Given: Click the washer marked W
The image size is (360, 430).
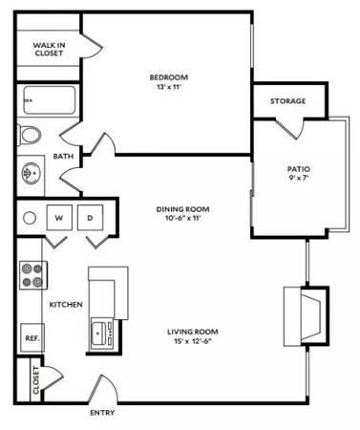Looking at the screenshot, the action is (59, 218).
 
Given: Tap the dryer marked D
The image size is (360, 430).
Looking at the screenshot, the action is (90, 218).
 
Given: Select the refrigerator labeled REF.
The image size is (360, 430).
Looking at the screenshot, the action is (32, 337).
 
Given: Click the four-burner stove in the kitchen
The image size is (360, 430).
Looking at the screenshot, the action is (33, 275).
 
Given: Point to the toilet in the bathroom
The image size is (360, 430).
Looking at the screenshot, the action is (30, 136).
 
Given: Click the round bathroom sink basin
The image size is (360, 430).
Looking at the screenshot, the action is (31, 173).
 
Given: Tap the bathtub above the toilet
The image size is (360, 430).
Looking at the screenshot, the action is (50, 100).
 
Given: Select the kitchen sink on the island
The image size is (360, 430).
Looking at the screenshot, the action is (102, 333).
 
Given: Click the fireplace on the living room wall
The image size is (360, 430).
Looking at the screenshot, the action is (306, 316).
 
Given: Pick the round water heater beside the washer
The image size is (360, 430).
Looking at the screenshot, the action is (30, 218).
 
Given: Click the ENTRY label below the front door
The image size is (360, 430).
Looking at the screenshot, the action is (102, 413).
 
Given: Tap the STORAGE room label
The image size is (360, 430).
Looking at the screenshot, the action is (288, 101).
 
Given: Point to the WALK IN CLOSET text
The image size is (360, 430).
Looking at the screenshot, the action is (49, 49).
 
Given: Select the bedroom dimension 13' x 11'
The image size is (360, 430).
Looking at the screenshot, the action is (169, 86).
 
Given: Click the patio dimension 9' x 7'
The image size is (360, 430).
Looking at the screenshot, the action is (298, 178).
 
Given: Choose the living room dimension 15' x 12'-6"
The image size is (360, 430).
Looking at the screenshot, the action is (193, 341).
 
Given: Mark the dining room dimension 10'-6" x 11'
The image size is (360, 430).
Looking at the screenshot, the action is (182, 218).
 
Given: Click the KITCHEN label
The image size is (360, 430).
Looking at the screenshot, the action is (66, 305).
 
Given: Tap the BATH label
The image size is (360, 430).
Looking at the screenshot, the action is (63, 156).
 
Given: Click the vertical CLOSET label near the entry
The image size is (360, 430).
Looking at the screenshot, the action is (35, 380).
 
